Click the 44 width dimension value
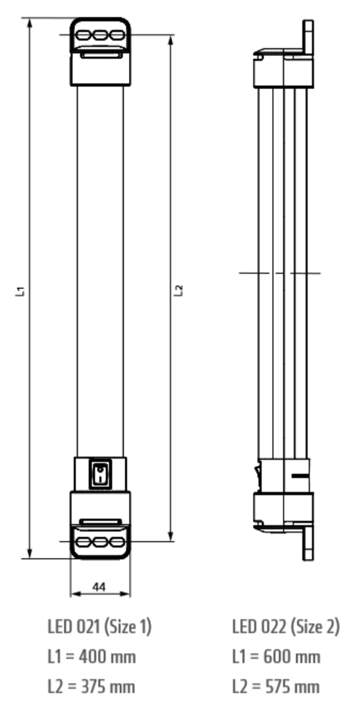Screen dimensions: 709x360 click(x=99, y=587)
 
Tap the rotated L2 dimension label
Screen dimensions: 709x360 click(x=179, y=291)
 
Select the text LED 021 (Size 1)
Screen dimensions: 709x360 click(x=99, y=627)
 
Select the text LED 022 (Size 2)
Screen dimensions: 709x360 click(x=285, y=627)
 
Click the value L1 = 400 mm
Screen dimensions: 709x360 click(x=92, y=657)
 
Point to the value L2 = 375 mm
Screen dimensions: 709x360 click(x=91, y=686)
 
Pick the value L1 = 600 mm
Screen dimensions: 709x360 click(x=276, y=657)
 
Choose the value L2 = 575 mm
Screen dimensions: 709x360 click(x=275, y=686)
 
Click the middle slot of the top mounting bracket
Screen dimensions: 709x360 click(x=100, y=35)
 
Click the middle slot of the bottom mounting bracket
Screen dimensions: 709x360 click(x=100, y=542)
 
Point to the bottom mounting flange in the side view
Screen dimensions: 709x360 click(x=308, y=544)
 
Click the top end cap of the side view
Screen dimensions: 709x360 click(x=283, y=69)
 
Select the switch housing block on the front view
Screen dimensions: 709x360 click(x=100, y=474)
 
